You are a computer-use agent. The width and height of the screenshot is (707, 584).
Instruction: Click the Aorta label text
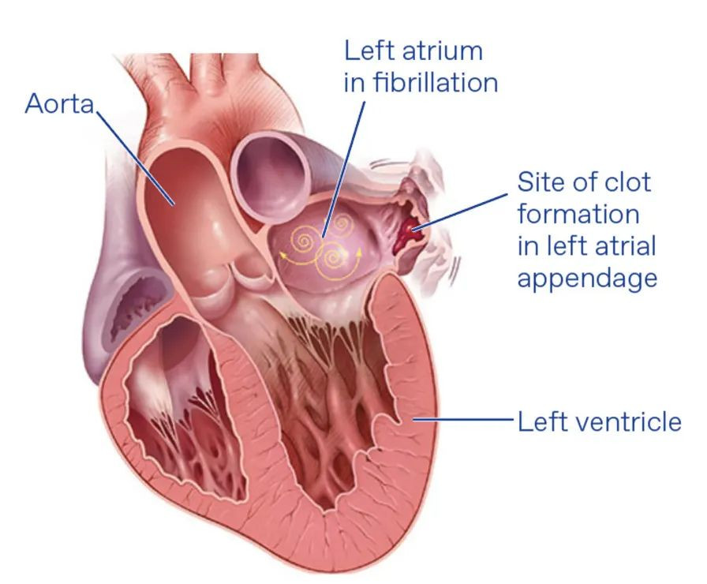point(59,103)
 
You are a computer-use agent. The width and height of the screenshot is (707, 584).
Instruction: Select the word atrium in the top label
point(441,51)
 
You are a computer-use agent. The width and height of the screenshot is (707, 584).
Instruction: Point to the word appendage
point(587,279)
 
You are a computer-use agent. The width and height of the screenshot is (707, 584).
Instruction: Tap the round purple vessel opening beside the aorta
point(271,177)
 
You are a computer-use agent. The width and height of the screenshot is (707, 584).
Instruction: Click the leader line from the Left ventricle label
point(463,419)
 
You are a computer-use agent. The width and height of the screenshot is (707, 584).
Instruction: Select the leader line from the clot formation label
point(460,212)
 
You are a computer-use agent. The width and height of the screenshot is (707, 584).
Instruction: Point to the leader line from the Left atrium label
point(343,169)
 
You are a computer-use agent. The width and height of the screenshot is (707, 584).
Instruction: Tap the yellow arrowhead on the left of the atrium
point(282,255)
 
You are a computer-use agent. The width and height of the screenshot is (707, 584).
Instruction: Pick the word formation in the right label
point(578,214)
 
